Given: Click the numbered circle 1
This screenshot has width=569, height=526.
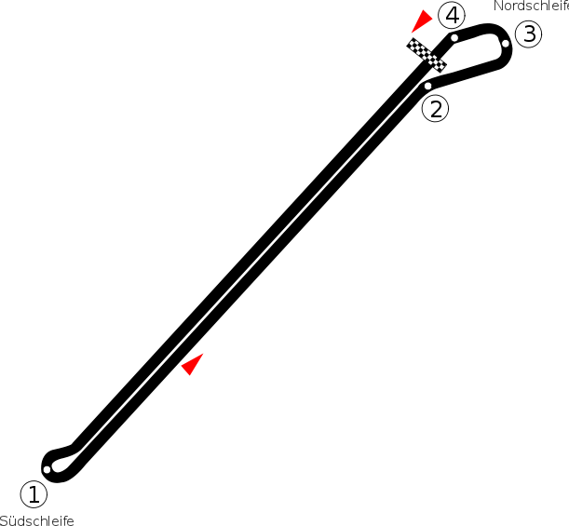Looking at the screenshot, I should coord(34,493).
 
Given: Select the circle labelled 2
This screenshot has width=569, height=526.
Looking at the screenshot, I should coord(435,108).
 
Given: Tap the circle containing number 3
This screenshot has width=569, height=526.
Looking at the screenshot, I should coord(528,34).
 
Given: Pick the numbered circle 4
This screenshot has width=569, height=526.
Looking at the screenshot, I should coord(452,16).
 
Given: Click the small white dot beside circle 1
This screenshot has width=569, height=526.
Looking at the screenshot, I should coord(47,469).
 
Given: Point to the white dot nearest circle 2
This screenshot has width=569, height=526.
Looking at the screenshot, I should coord(428,86).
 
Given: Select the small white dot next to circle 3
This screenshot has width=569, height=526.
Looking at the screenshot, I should coord(506,43).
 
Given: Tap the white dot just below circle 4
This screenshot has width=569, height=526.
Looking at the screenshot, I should coord(454,37).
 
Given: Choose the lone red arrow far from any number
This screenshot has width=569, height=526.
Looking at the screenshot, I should coord(192,364).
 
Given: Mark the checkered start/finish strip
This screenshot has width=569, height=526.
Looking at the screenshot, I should coord(427,55).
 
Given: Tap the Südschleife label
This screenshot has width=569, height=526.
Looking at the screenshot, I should coord(37,519).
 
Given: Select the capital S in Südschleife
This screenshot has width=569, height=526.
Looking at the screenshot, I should coord(5,519).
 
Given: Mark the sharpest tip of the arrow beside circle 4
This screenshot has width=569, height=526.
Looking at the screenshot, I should coord(431,10).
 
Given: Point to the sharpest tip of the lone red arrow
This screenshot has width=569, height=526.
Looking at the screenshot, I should coord(203,354).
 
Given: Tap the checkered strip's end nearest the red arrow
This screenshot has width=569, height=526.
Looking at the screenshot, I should coord(413,43).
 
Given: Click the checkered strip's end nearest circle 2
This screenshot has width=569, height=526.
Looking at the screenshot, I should coord(440,67).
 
